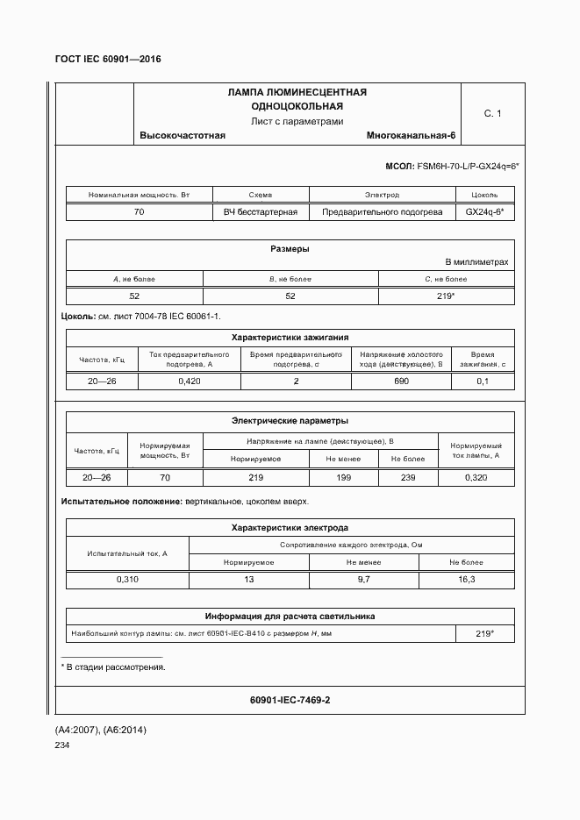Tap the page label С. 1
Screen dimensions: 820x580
click(x=492, y=113)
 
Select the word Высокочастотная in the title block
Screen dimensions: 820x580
click(x=183, y=135)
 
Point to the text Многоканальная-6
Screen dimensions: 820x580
click(x=411, y=135)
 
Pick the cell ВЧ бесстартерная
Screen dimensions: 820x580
click(x=261, y=212)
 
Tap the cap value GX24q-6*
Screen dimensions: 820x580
click(x=484, y=212)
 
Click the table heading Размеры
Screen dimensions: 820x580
click(x=290, y=248)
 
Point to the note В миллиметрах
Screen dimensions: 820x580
click(x=476, y=262)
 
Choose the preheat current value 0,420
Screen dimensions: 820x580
click(x=190, y=381)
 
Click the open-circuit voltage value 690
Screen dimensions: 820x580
click(x=401, y=381)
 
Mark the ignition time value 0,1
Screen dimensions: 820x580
click(x=483, y=381)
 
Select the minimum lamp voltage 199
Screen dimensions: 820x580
click(x=343, y=477)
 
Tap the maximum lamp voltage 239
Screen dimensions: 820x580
click(x=407, y=477)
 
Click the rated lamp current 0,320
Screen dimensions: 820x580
click(x=476, y=477)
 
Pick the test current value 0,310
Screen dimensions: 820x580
click(x=127, y=580)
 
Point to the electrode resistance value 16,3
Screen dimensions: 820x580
click(x=467, y=580)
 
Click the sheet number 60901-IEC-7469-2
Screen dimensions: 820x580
click(x=290, y=700)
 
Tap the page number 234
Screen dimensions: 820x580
click(x=63, y=745)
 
